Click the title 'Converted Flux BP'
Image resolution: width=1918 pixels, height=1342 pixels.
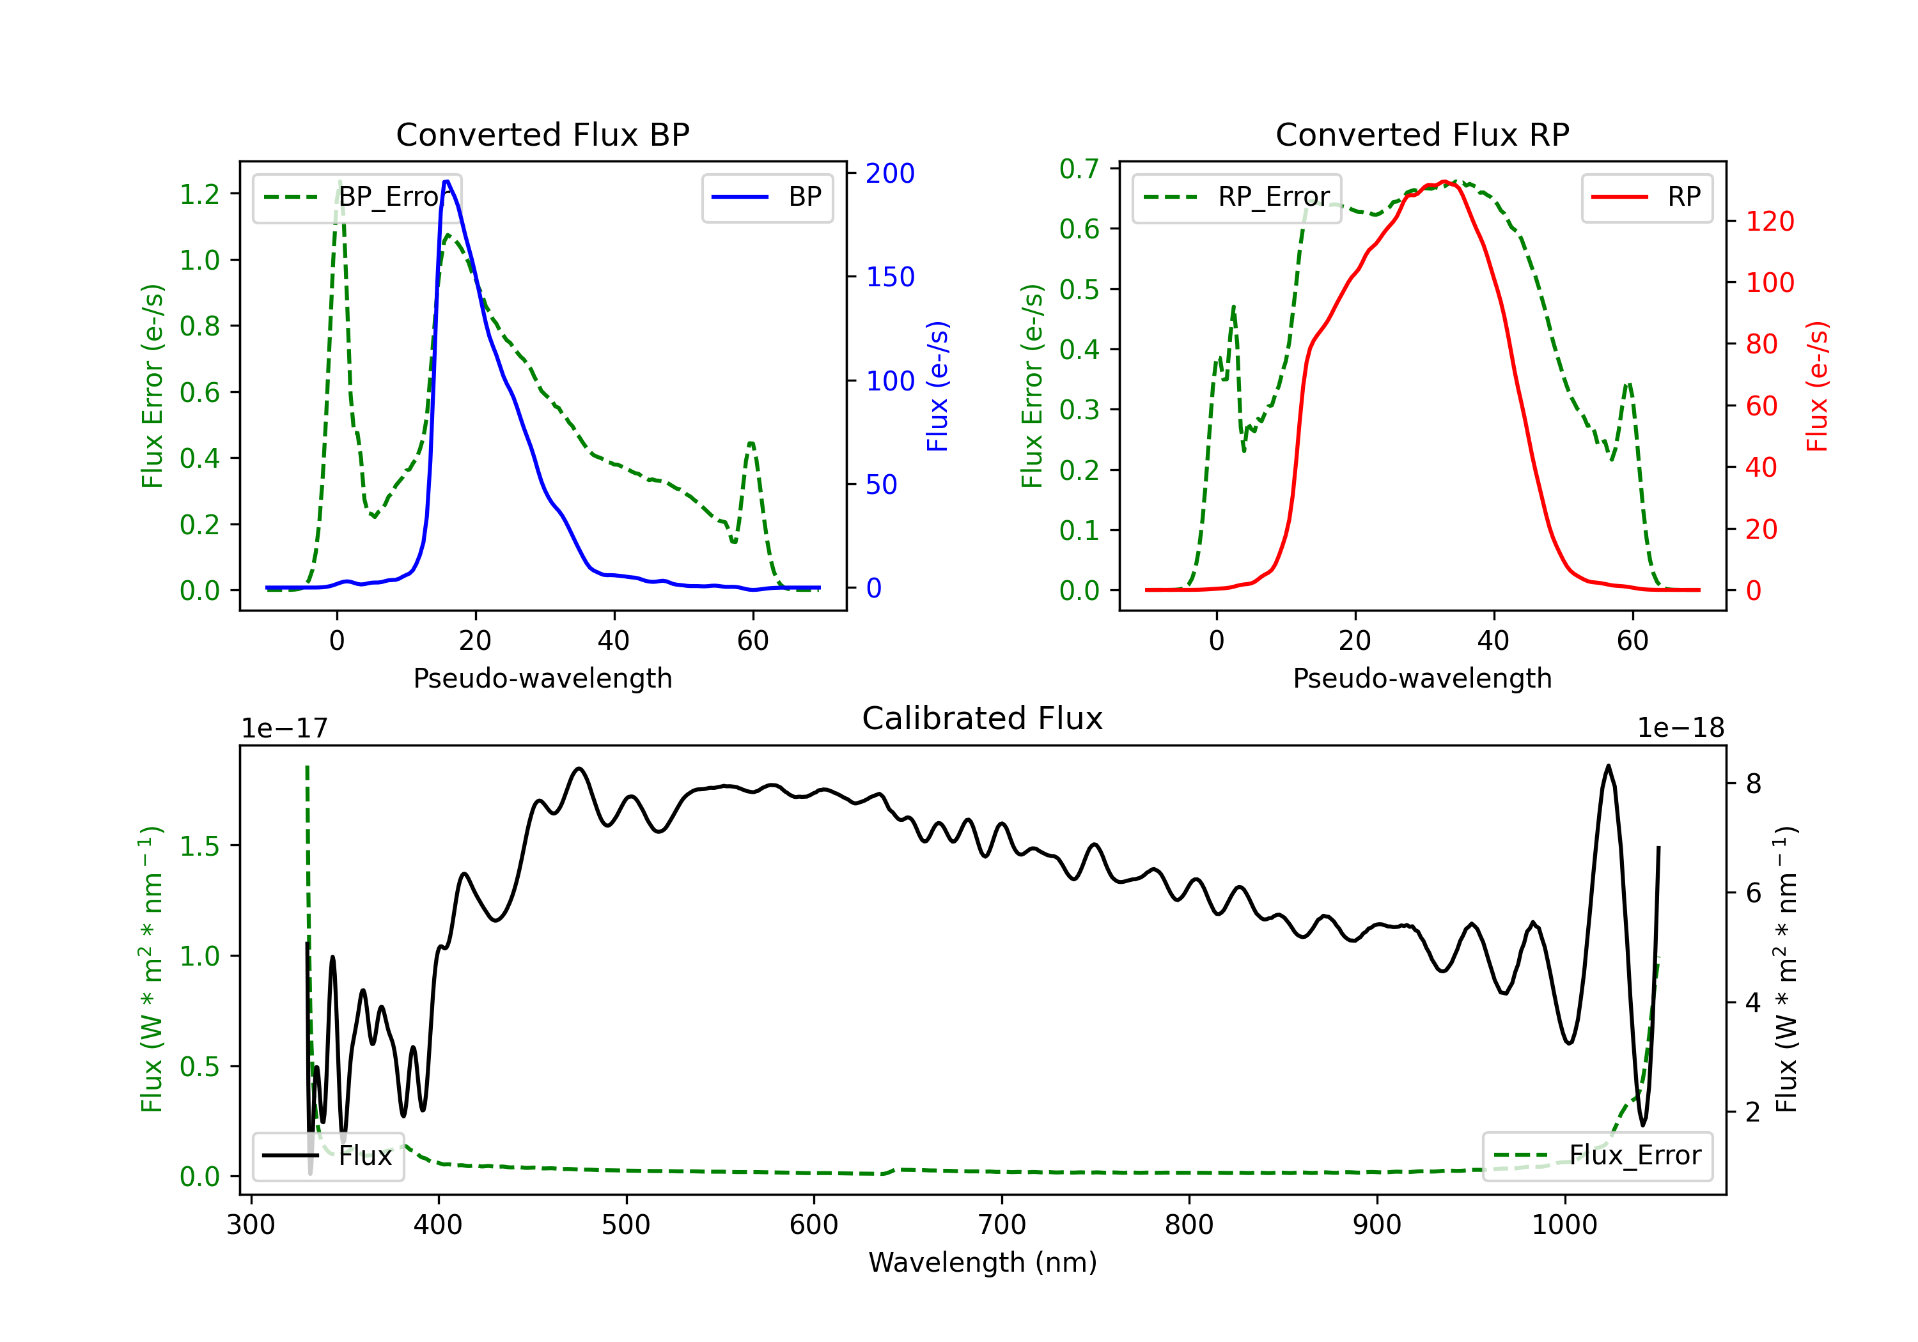point(542,134)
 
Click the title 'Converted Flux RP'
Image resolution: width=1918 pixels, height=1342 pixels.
point(1422,134)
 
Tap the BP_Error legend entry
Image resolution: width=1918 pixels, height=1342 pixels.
point(357,197)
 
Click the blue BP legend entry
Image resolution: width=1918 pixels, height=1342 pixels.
point(767,197)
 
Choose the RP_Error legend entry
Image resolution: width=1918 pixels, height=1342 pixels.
point(1236,197)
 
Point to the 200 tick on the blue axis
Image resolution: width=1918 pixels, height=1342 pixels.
point(890,174)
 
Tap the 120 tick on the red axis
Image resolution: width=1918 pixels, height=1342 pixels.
point(1769,221)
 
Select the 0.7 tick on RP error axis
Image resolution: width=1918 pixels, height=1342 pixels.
point(1079,169)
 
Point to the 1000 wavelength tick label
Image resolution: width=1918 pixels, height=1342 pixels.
point(1564,1225)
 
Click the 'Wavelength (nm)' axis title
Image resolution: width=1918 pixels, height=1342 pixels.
point(983,1262)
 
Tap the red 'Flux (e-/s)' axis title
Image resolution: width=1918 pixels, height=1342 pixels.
point(1816,387)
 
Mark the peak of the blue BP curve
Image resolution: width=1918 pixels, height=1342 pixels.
point(447,181)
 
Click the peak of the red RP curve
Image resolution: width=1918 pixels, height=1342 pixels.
point(1444,181)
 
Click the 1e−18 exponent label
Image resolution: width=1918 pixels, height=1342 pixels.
point(1681,729)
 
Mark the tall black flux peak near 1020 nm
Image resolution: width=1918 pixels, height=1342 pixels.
point(1608,766)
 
